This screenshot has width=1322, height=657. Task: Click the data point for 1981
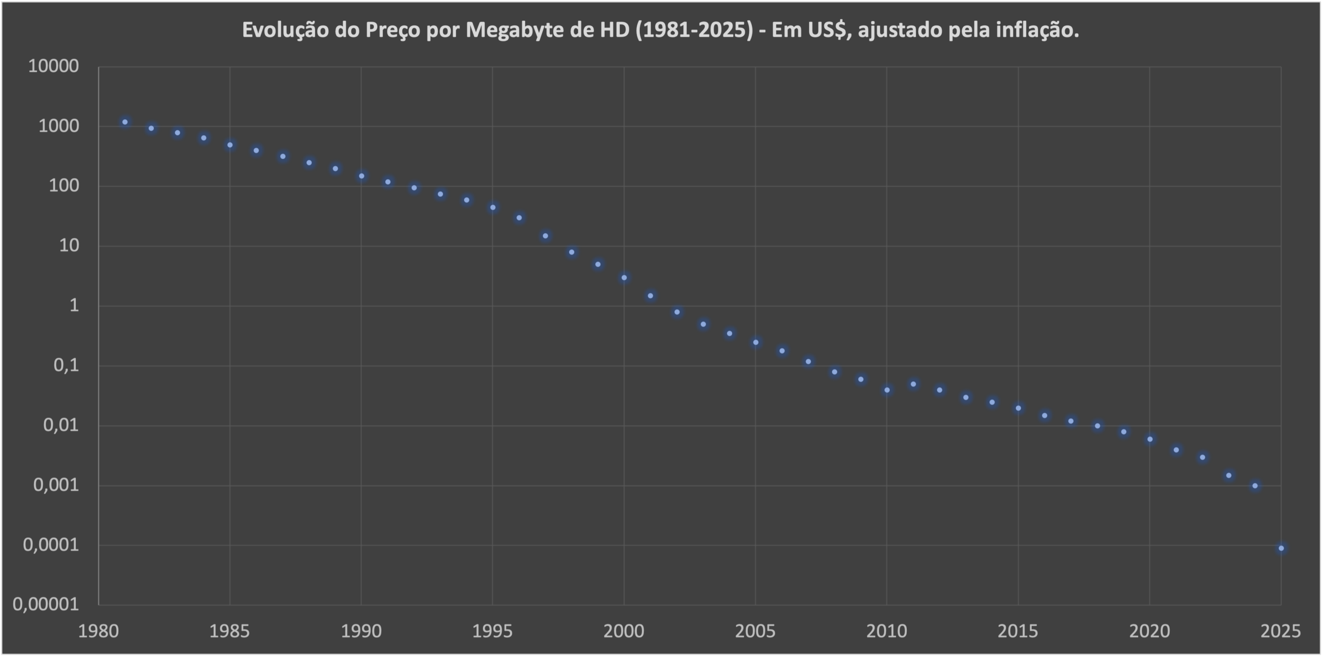(125, 122)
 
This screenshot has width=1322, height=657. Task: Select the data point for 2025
(1281, 548)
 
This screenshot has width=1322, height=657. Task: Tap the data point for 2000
(624, 278)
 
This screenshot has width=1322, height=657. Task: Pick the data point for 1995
(493, 207)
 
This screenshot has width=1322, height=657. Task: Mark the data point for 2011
(914, 384)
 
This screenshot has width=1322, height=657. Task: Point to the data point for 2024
(1255, 486)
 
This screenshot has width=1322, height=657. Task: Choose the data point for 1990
(361, 176)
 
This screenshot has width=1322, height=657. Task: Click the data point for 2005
(756, 342)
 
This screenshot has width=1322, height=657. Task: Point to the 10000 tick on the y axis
(53, 66)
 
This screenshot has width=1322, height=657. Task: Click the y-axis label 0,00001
(45, 604)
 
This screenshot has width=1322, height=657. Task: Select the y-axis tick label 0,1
(66, 365)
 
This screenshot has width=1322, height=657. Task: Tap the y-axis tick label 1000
(58, 126)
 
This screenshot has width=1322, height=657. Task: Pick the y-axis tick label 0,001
(56, 485)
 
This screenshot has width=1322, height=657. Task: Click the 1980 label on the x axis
(98, 631)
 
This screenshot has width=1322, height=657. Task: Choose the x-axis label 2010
(887, 631)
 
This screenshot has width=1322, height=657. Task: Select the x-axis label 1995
(493, 631)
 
